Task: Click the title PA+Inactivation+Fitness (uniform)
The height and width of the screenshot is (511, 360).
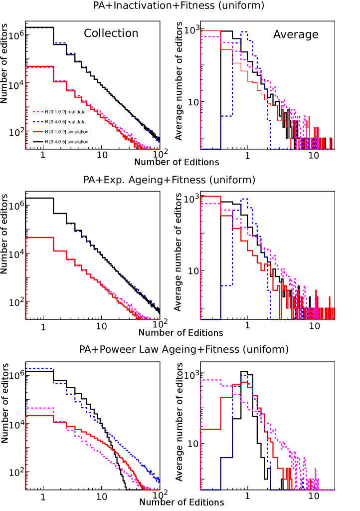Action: click(x=179, y=6)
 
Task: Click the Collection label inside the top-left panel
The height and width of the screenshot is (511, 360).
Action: click(x=111, y=33)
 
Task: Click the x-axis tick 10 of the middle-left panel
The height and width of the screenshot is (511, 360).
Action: click(x=102, y=327)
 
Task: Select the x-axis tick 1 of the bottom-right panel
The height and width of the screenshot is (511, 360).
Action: click(x=247, y=497)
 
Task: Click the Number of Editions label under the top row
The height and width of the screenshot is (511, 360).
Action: click(x=177, y=162)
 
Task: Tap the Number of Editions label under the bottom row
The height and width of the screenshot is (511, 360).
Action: click(x=181, y=502)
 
